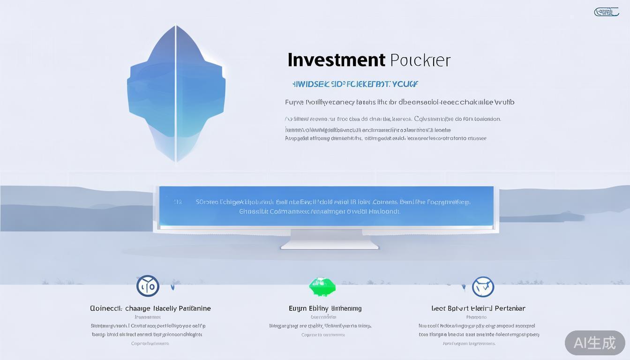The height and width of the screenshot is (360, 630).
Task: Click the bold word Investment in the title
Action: [336, 60]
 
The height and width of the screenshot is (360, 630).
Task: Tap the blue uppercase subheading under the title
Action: [355, 84]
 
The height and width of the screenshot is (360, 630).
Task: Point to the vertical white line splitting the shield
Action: [176, 94]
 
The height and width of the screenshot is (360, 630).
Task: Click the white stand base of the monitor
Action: [330, 244]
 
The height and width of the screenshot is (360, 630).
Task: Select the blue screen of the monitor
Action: [326, 206]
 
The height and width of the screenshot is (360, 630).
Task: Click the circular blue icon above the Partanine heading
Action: [148, 286]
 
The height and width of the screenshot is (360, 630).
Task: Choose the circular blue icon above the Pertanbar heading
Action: [483, 286]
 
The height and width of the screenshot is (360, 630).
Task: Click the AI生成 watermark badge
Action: [594, 343]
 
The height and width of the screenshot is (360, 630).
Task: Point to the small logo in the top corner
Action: [606, 12]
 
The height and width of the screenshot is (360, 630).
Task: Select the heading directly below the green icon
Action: [325, 308]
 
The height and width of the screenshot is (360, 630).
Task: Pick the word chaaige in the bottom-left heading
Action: [138, 308]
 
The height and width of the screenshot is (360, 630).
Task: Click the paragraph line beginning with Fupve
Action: [399, 102]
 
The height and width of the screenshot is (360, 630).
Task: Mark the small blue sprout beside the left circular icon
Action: [172, 285]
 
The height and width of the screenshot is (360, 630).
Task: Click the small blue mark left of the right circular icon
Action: [464, 286]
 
